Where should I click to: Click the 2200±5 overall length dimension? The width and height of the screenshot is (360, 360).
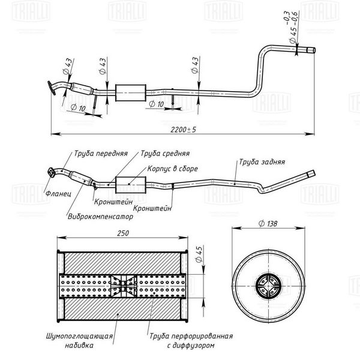tap(183, 130)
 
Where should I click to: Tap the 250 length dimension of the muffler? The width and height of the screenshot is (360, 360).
tap(123, 233)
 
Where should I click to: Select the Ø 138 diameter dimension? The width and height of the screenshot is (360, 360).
tap(268, 223)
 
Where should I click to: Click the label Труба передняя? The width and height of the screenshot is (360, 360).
tap(101, 154)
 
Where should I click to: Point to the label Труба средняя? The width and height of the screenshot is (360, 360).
tap(165, 154)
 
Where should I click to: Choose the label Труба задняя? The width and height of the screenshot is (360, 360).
tap(262, 162)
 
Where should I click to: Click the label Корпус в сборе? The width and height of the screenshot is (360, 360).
tap(172, 169)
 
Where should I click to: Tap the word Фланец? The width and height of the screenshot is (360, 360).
tap(58, 193)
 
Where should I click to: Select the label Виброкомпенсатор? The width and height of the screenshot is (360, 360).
tap(100, 217)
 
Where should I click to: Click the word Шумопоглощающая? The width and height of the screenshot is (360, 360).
tap(79, 336)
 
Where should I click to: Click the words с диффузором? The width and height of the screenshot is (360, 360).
tap(191, 346)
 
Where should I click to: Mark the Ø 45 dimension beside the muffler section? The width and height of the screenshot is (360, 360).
tap(199, 254)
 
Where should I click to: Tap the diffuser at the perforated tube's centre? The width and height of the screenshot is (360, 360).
tap(124, 286)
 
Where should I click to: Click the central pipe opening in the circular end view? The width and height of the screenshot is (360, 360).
tap(268, 286)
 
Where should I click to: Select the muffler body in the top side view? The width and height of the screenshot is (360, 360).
tap(131, 93)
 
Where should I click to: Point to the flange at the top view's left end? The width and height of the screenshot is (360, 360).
tap(52, 88)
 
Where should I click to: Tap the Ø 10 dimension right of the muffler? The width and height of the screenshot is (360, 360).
tap(157, 104)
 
